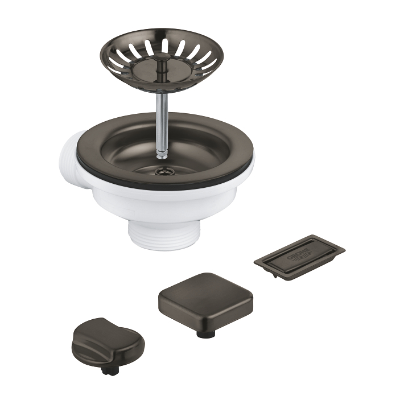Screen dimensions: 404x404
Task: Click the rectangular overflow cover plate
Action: point(299,257)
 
